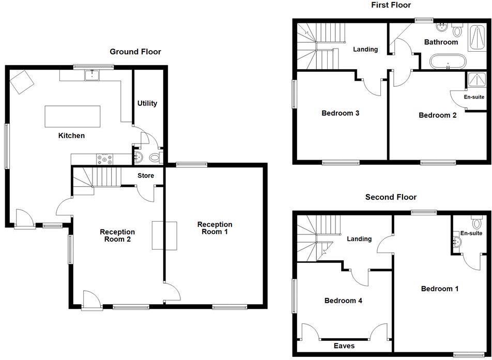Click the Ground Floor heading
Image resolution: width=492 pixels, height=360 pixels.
135,52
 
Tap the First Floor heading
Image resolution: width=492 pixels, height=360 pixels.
391,5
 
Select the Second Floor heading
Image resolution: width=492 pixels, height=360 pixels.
391,197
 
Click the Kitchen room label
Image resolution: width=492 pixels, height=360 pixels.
71,136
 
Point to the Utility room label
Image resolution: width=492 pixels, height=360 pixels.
147,103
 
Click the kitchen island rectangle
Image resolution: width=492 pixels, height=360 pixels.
72,116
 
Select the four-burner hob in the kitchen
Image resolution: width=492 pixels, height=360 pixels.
105,159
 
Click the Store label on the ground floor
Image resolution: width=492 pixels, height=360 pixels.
146,176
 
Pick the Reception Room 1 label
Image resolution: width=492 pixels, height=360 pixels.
215,228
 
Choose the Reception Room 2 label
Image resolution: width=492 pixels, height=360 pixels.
117,236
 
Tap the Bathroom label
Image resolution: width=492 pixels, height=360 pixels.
441,42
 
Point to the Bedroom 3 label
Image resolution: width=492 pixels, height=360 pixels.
340,113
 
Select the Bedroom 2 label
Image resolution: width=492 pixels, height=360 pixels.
437,115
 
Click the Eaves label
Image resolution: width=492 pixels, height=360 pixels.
344,346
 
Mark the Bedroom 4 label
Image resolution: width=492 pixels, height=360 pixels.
343,301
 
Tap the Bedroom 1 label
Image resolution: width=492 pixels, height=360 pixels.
439,289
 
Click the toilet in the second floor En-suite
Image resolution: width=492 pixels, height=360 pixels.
476,223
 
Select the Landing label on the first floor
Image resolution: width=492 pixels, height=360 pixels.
365,50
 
